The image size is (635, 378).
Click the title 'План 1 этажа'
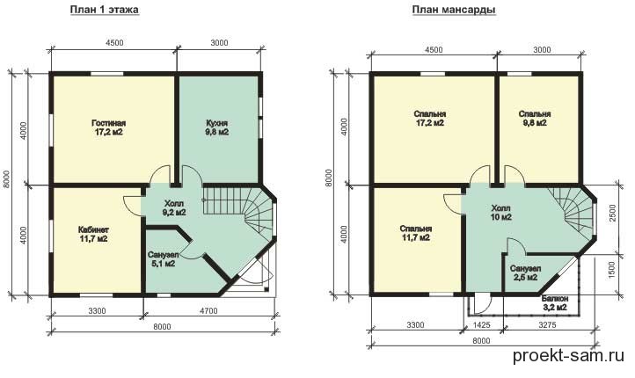point(105,10)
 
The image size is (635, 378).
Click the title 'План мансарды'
point(454,10)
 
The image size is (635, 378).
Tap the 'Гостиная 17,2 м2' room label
point(108,127)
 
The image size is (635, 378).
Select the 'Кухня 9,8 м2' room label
point(216,127)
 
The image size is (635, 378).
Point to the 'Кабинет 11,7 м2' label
point(93,235)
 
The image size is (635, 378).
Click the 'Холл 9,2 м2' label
point(174,207)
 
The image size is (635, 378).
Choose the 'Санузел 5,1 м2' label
point(162,260)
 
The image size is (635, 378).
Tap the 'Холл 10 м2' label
point(501,213)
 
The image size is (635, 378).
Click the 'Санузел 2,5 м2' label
point(526,273)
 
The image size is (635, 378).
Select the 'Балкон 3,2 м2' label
point(555,303)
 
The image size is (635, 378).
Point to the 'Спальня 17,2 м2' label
point(430,118)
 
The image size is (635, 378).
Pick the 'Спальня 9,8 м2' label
point(535,118)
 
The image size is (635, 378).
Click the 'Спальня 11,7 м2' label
point(416,234)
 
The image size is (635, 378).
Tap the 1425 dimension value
point(482,324)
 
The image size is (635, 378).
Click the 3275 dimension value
point(548,324)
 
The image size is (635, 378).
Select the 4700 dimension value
point(208,311)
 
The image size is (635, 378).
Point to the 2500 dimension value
point(612,213)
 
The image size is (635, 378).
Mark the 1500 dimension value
point(612,270)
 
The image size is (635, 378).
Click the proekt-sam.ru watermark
point(568,356)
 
